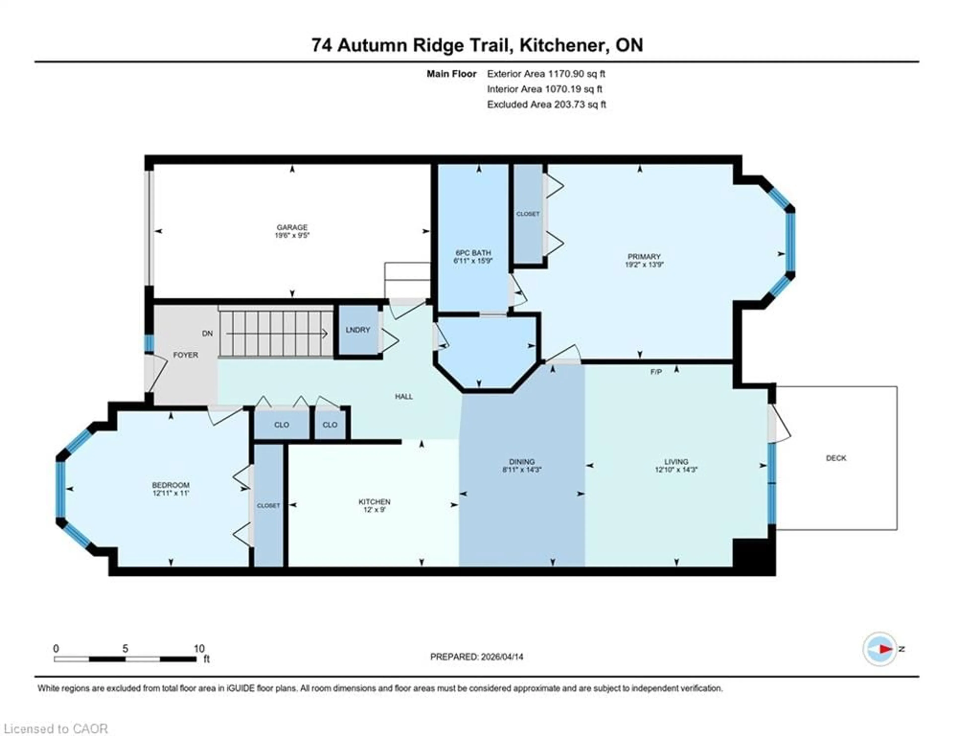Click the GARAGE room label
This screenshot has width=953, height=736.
pyautogui.click(x=292, y=227)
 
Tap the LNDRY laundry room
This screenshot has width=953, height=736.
pyautogui.click(x=358, y=330)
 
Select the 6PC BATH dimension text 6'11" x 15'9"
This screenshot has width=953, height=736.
pyautogui.click(x=473, y=261)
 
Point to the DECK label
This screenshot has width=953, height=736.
pyautogui.click(x=836, y=458)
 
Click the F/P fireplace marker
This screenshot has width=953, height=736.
pyautogui.click(x=656, y=372)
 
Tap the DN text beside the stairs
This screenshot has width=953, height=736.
pyautogui.click(x=207, y=333)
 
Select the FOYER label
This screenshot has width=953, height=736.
pyautogui.click(x=185, y=355)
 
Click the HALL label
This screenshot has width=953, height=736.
pyautogui.click(x=404, y=396)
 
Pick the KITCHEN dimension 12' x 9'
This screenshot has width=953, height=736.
pyautogui.click(x=374, y=510)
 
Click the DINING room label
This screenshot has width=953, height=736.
pyautogui.click(x=522, y=461)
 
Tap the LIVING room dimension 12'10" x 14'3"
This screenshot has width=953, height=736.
pyautogui.click(x=676, y=470)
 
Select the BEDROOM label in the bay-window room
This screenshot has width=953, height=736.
pyautogui.click(x=170, y=485)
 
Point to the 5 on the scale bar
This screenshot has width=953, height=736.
pyautogui.click(x=125, y=649)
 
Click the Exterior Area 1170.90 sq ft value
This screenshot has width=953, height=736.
pyautogui.click(x=546, y=74)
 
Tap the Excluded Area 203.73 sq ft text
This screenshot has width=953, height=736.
pyautogui.click(x=546, y=104)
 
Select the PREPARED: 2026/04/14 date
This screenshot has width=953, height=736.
pyautogui.click(x=476, y=657)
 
